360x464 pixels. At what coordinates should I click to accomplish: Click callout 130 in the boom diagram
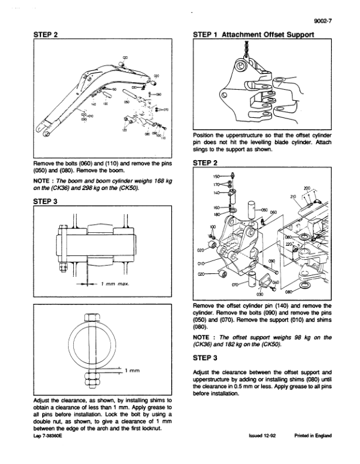(106, 104)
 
